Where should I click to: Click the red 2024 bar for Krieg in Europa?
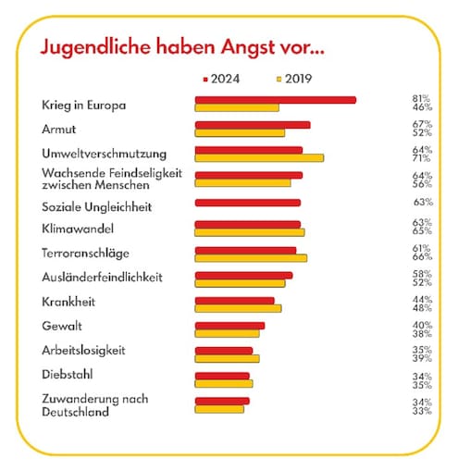pos(276,100)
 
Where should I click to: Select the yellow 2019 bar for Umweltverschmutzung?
pos(259,158)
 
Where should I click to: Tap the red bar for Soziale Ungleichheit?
pos(248,203)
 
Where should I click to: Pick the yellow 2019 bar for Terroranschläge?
pos(251,258)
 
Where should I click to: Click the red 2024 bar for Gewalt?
pos(229,326)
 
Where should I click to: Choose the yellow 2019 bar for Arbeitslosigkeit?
pos(227,358)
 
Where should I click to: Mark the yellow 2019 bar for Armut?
pos(240,133)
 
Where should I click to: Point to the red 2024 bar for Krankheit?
pos(234,301)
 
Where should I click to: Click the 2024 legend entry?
pos(221,79)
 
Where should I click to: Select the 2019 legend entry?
pos(294,79)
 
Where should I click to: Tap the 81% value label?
pos(421,99)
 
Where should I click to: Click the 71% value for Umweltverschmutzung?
pos(422,158)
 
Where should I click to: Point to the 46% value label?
pos(422,107)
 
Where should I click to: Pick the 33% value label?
pos(422,411)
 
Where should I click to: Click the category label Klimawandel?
pos(78,229)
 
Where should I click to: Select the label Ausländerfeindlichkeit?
pos(102,277)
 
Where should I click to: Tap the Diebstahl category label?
pos(68,375)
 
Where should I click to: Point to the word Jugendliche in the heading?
pos(95,47)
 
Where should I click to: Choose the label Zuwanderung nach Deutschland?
pos(95,405)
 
